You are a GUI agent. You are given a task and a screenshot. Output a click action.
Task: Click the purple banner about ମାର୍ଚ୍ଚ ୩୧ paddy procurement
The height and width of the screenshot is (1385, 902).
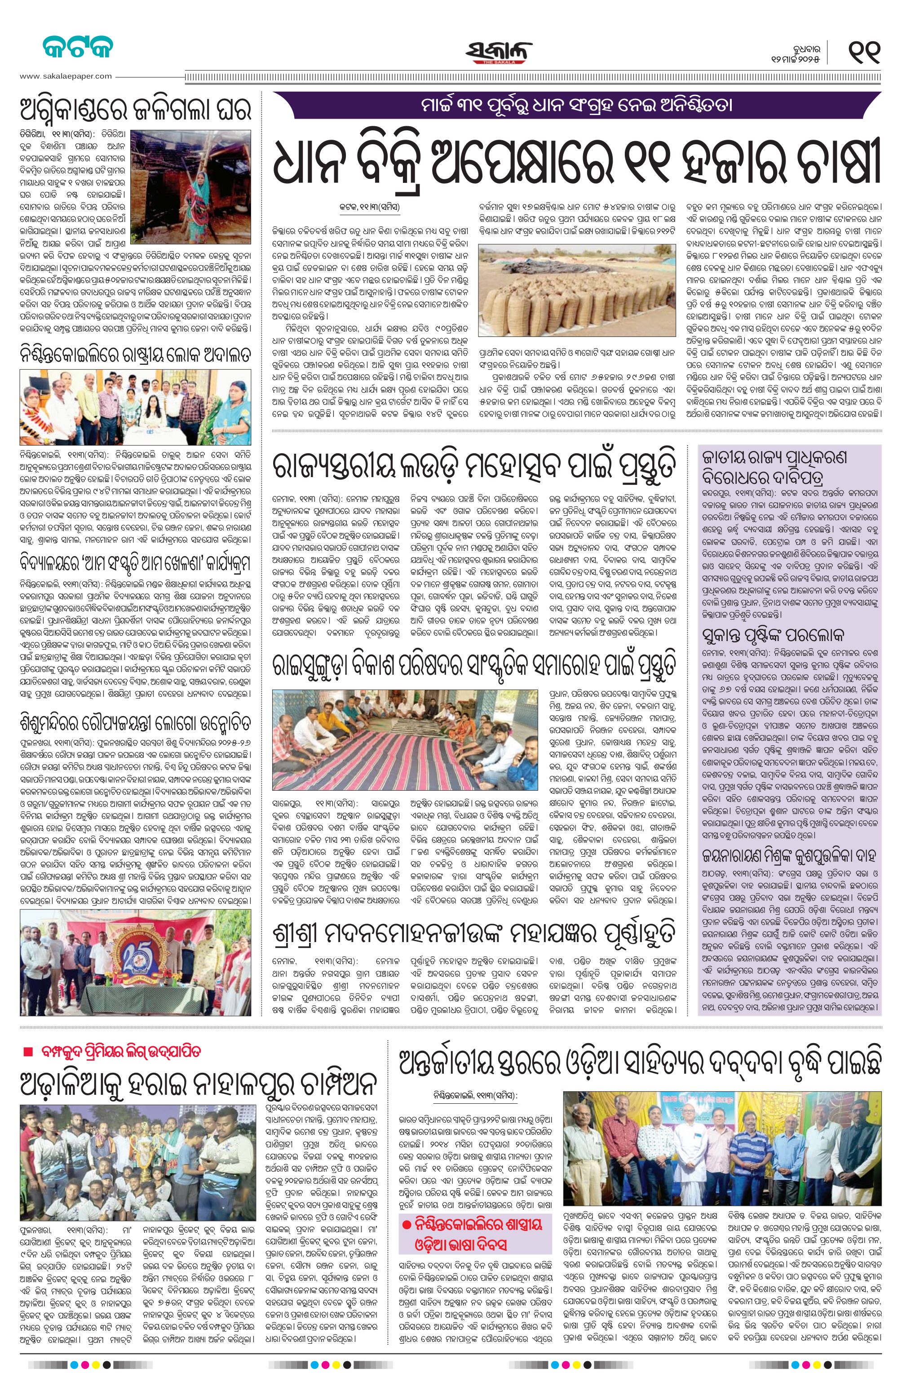tap(577, 106)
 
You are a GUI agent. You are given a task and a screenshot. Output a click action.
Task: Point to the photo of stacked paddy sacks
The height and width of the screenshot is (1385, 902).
tap(577, 294)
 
